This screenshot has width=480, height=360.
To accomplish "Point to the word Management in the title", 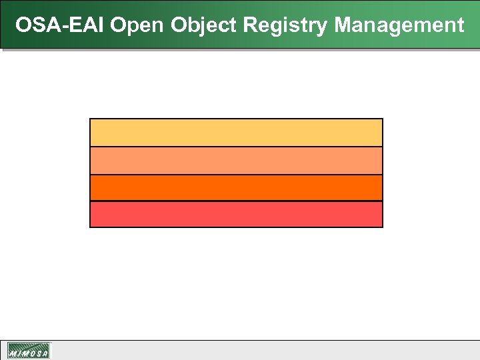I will [399, 25].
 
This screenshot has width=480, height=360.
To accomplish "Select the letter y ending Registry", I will [323, 28].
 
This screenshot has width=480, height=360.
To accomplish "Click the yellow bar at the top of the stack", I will [236, 133].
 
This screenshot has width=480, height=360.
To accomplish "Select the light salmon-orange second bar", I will [236, 161].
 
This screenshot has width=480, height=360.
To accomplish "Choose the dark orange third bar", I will [236, 187].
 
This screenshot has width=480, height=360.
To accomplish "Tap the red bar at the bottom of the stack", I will [236, 214].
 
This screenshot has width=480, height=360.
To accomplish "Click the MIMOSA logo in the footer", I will [29, 351].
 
